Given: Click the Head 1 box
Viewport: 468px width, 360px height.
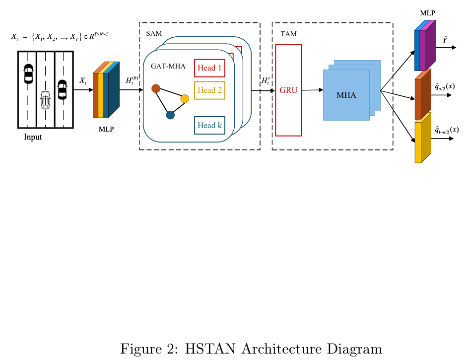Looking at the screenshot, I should coord(209,68).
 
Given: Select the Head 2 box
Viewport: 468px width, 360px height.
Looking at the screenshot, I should coord(209,90).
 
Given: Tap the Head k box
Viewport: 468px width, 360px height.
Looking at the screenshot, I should coord(209,126).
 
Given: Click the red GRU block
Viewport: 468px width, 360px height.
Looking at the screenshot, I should coord(288,90).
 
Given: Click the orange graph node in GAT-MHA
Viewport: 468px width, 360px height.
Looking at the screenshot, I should coord(155,88).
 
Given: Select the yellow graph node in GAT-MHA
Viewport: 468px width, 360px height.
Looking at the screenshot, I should coord(185,99).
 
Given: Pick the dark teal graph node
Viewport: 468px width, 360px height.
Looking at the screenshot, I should coord(170,115).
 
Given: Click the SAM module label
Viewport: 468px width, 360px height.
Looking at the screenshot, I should coord(154,33).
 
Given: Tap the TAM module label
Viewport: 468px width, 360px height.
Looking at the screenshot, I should coord(288,34).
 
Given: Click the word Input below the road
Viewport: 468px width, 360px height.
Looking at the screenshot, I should coord(33,138).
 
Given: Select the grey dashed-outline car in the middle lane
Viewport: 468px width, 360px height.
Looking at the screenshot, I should coord(45,100).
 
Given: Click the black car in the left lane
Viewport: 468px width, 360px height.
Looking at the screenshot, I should coord(28,73).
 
